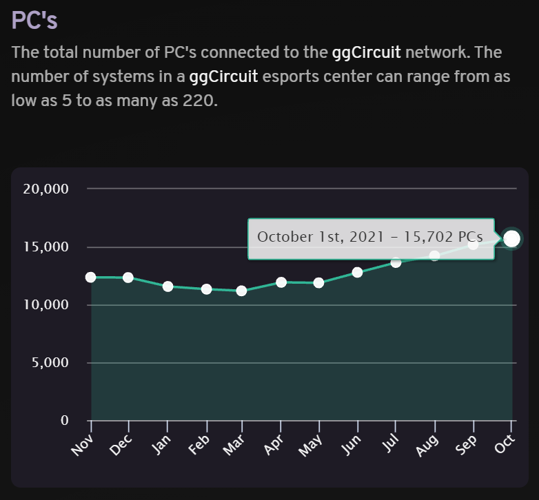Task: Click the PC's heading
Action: point(34,20)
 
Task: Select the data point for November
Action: point(91,277)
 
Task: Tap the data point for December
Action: point(128,277)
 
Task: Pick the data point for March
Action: point(241,291)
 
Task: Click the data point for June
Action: point(357,272)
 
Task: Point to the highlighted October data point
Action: point(511,238)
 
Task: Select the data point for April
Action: point(281,282)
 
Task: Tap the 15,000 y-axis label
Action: point(45,247)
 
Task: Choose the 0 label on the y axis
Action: point(64,420)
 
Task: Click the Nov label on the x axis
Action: point(83,446)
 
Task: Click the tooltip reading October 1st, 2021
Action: point(370,236)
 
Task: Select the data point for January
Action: point(167,286)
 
